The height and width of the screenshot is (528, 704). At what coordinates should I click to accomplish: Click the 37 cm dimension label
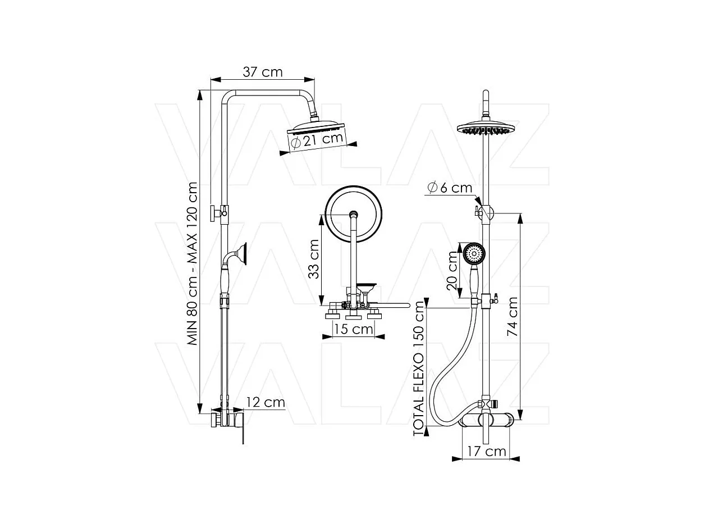click(262, 72)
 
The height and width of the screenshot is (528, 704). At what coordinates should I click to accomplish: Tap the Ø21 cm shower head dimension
click(319, 140)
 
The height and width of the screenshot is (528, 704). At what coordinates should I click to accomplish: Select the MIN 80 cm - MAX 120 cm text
click(192, 263)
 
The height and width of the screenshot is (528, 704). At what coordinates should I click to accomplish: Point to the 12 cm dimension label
click(266, 402)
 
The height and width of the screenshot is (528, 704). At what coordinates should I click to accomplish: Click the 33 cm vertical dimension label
click(313, 259)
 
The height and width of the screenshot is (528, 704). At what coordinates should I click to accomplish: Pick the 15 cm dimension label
click(354, 329)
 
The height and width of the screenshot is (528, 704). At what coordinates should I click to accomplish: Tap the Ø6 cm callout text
click(450, 188)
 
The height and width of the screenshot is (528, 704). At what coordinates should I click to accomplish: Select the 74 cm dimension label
click(512, 317)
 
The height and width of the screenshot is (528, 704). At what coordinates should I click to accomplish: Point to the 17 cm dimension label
click(487, 452)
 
